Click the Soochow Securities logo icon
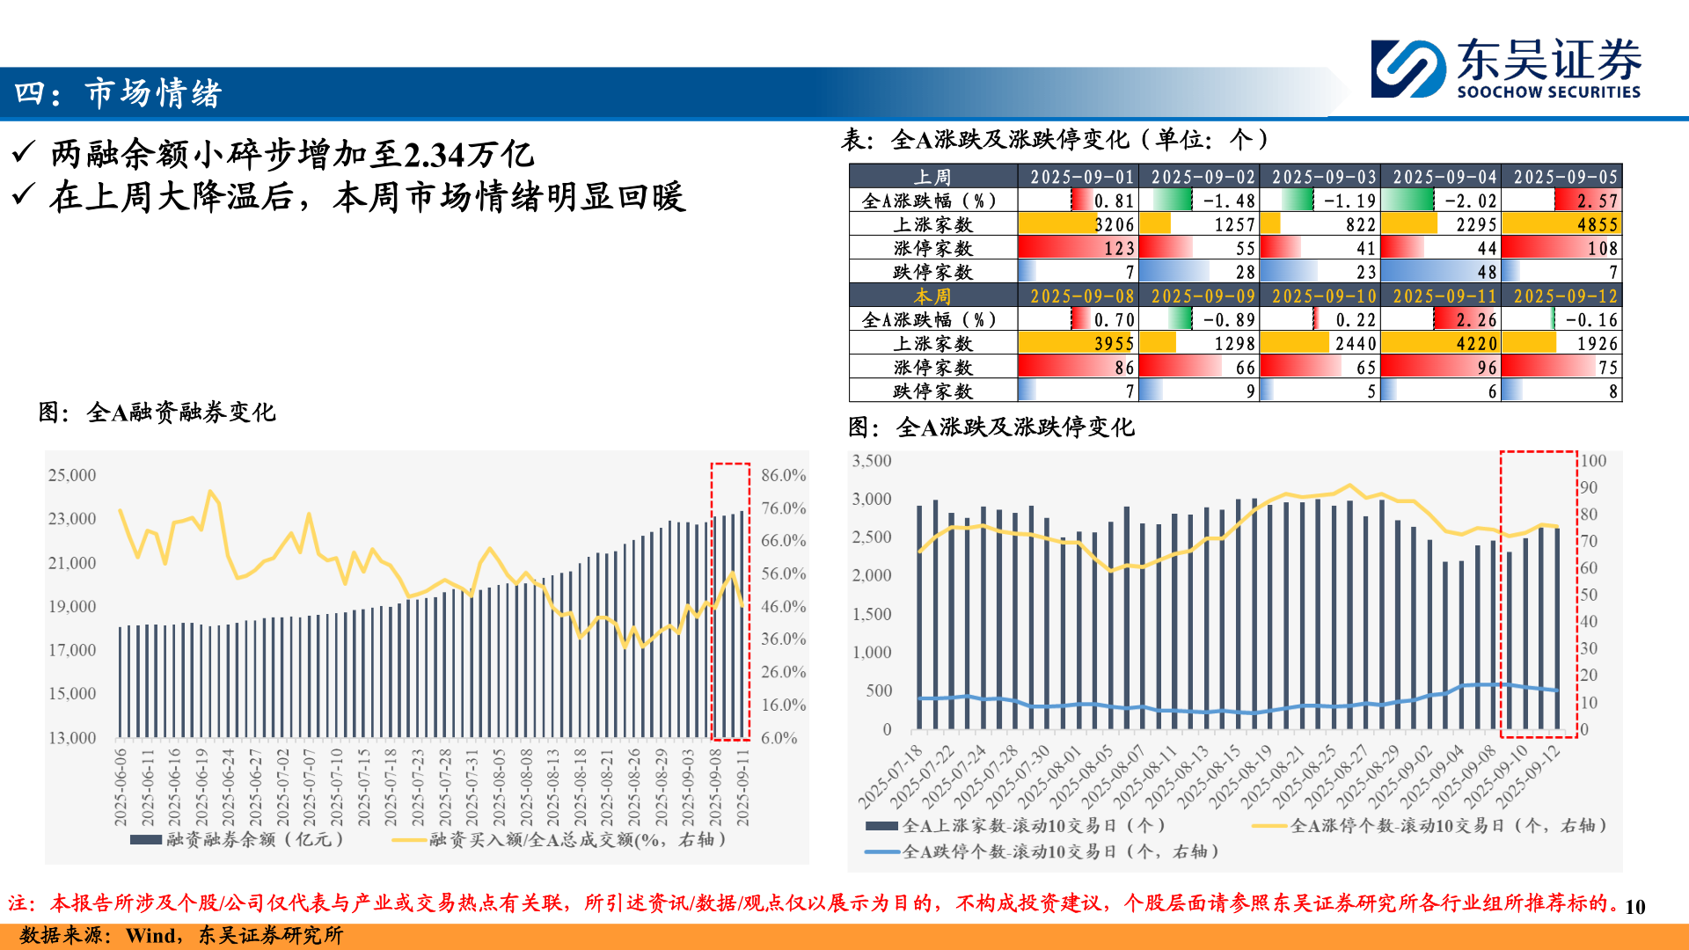click(x=1407, y=69)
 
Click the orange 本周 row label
click(x=932, y=296)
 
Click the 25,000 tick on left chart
click(x=72, y=475)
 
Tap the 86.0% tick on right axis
click(x=783, y=475)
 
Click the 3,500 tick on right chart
click(x=871, y=461)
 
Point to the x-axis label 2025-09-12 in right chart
click(x=1529, y=777)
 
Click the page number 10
click(x=1634, y=907)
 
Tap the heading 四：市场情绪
click(x=118, y=93)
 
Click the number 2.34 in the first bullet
click(x=434, y=156)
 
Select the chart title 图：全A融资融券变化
click(x=157, y=412)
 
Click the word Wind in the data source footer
click(x=150, y=935)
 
